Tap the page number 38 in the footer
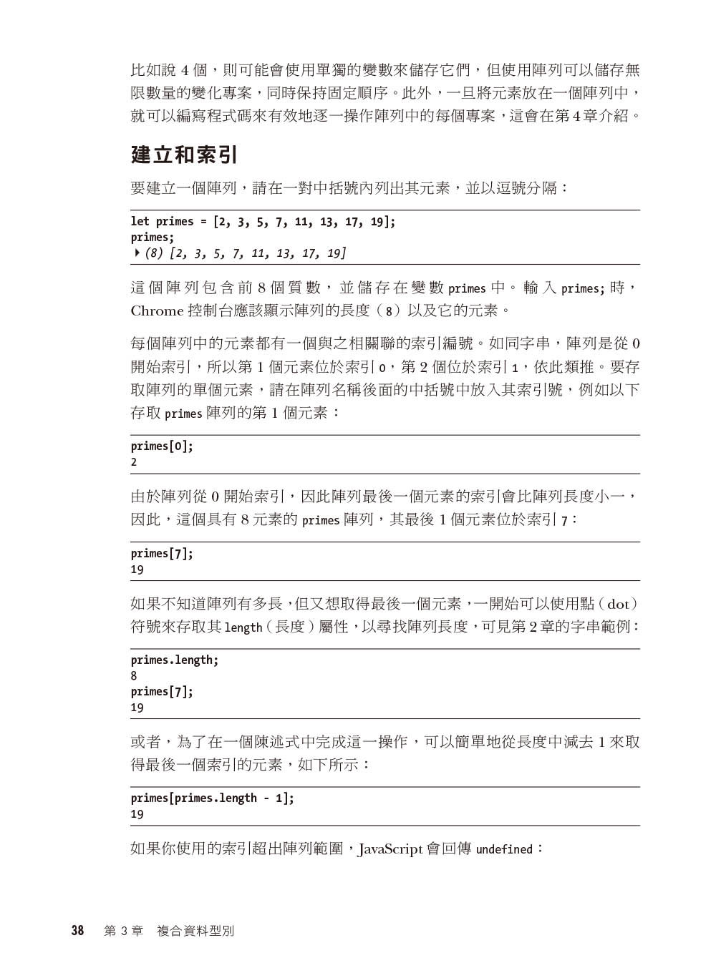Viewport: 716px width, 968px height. (x=77, y=931)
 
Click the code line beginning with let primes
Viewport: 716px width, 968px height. (x=263, y=222)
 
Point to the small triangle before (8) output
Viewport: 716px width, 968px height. (x=136, y=253)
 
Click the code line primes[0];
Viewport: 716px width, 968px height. (x=162, y=446)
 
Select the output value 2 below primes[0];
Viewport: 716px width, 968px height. (x=134, y=462)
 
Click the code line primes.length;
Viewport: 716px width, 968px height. (x=175, y=660)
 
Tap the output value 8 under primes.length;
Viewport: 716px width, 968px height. (x=134, y=676)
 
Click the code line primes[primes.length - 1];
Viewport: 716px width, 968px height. (x=212, y=798)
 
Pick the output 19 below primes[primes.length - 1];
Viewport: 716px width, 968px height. (x=137, y=814)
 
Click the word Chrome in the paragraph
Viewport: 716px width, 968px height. (x=157, y=311)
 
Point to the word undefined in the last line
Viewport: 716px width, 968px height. (x=504, y=850)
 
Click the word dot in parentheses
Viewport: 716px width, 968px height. (x=617, y=604)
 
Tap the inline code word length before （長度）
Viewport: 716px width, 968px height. (x=243, y=627)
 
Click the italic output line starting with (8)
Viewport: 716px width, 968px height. (x=246, y=253)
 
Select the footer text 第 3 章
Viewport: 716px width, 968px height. (x=123, y=931)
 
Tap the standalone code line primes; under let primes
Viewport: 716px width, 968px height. (x=153, y=238)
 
